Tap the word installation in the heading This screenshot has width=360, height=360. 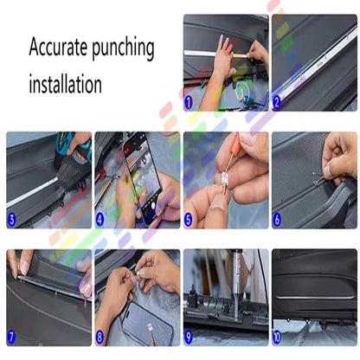point(65,85)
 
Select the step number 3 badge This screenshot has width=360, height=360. point(13,221)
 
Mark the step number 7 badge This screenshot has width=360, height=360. point(13,337)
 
